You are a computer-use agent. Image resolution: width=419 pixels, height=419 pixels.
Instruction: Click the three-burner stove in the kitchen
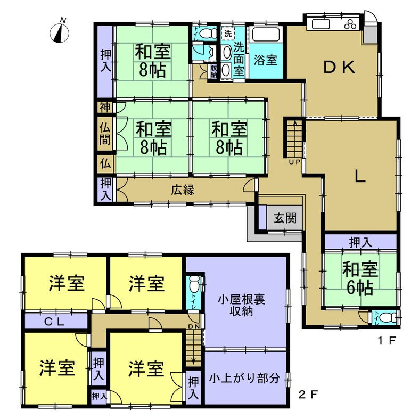click(352, 24)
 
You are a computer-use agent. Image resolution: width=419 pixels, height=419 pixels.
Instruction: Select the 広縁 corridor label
click(182, 189)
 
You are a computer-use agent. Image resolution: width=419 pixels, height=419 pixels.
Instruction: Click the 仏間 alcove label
click(104, 134)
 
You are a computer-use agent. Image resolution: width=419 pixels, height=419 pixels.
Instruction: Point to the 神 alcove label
click(104, 107)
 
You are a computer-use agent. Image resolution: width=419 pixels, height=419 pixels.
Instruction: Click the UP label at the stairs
click(294, 161)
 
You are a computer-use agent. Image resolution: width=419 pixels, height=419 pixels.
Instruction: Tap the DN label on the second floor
click(193, 326)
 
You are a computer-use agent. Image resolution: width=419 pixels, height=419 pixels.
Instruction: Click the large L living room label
click(360, 178)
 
